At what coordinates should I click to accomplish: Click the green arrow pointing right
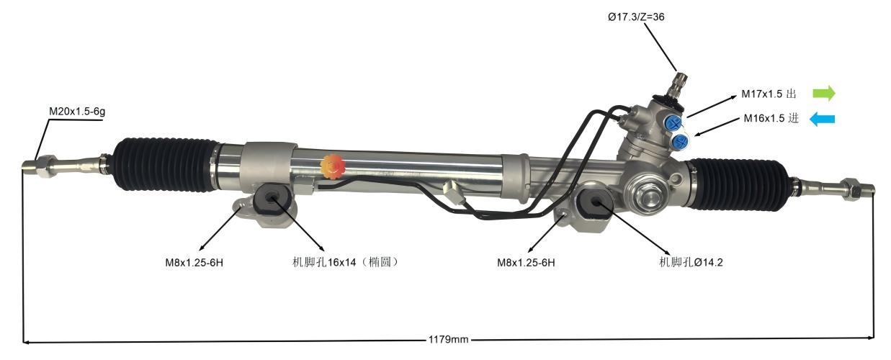(x=823, y=94)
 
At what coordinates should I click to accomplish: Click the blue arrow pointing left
(x=822, y=120)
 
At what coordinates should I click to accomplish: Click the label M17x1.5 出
(x=769, y=94)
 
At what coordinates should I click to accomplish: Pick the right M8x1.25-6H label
(x=526, y=262)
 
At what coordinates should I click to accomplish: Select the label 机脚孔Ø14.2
(x=691, y=262)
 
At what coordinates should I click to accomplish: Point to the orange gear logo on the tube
(x=333, y=166)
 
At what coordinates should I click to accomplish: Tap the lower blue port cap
(x=680, y=141)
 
